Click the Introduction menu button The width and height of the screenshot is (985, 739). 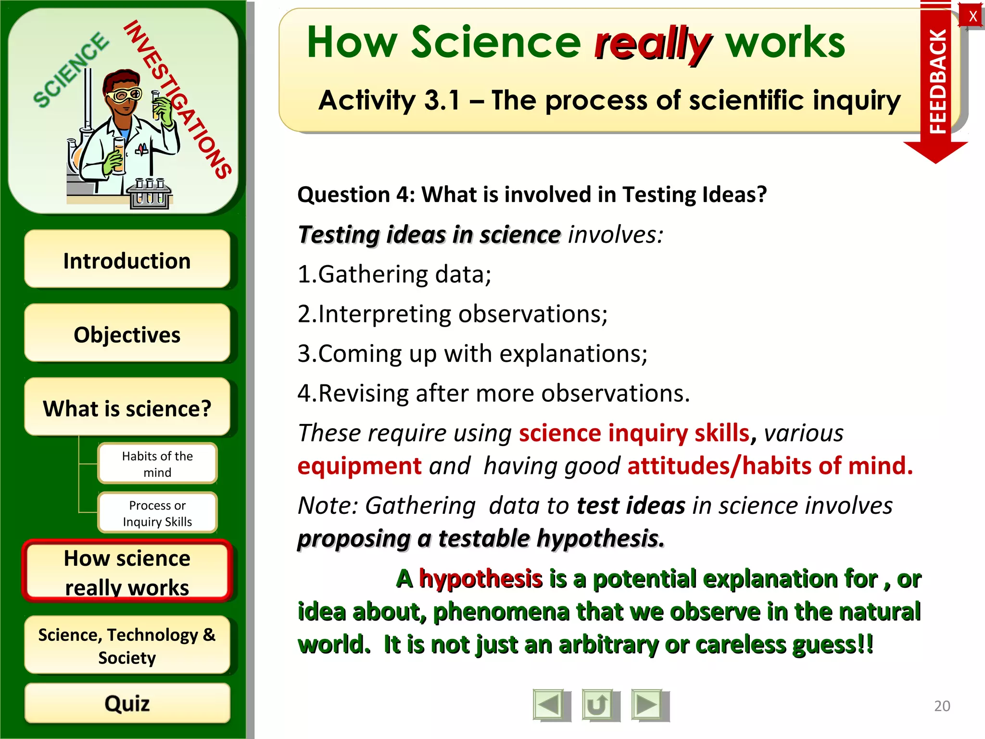click(127, 260)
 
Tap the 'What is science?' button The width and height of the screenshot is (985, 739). click(127, 408)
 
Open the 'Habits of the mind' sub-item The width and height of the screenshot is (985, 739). click(157, 463)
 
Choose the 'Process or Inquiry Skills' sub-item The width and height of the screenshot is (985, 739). click(157, 513)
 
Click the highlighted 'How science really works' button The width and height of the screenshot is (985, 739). click(127, 572)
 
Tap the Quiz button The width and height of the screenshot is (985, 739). click(127, 703)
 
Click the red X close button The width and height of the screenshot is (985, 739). click(972, 16)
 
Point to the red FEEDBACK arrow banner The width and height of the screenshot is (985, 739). click(936, 82)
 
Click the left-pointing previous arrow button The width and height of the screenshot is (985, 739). click(550, 705)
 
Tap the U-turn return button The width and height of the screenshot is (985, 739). click(599, 705)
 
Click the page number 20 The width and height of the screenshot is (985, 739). click(942, 706)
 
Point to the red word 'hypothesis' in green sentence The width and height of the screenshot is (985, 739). click(480, 578)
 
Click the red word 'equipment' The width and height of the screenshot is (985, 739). click(359, 466)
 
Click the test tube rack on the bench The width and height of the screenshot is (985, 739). click(150, 195)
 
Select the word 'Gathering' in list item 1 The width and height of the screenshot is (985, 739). click(373, 274)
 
